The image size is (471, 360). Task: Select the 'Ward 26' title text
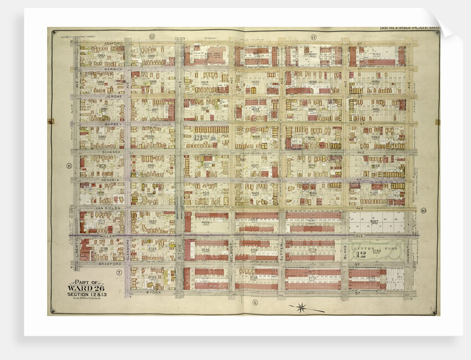click(83, 287)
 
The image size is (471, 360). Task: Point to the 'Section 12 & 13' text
click(83, 294)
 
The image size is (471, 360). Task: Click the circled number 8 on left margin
click(69, 166)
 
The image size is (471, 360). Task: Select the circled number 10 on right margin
click(423, 210)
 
